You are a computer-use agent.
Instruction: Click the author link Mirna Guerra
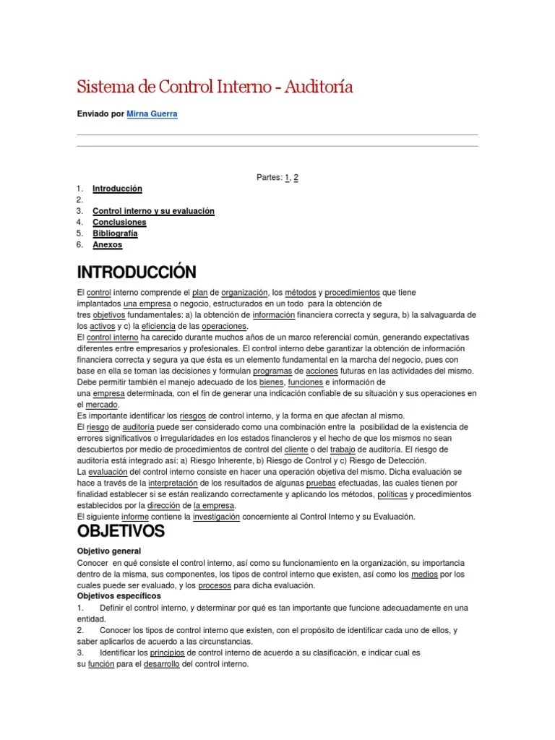[153, 114]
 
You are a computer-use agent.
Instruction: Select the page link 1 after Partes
[287, 177]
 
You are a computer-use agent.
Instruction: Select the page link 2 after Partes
[296, 177]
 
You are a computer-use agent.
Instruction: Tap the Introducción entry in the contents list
[117, 189]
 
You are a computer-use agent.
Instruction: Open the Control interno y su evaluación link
[153, 211]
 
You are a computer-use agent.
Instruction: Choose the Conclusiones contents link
[119, 223]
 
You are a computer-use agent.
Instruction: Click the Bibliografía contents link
[115, 233]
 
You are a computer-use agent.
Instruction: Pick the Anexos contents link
[108, 245]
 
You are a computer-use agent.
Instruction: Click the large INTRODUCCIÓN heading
[137, 272]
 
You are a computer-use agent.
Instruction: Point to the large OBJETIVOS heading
[121, 532]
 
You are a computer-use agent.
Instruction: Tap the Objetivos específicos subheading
[119, 596]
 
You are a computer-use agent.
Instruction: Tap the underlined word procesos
[215, 585]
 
